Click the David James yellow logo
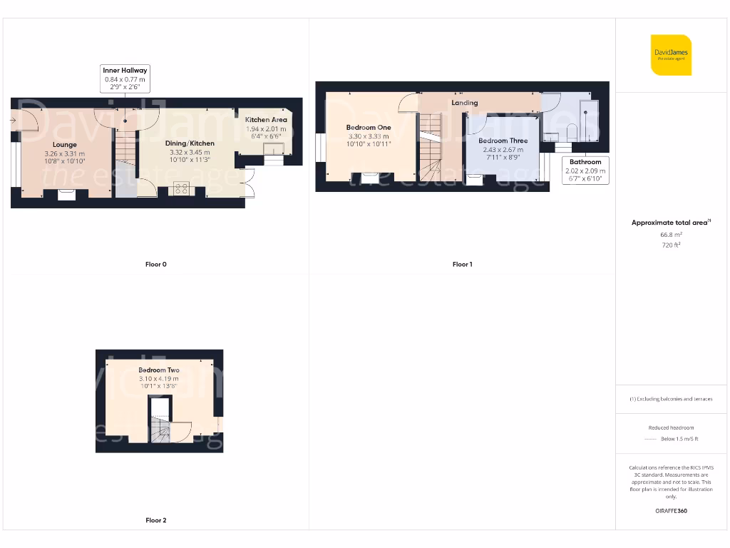click(x=671, y=55)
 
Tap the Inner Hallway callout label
click(x=125, y=70)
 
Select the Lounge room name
click(x=64, y=145)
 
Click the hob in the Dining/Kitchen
click(x=181, y=189)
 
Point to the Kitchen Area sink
click(x=273, y=148)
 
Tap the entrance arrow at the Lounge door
click(x=14, y=121)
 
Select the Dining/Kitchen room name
click(x=190, y=143)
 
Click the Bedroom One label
click(x=369, y=127)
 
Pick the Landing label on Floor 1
click(x=465, y=103)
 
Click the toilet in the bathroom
click(x=572, y=133)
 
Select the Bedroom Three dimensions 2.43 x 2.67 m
click(x=503, y=150)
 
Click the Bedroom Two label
click(x=159, y=370)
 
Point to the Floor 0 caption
click(x=155, y=264)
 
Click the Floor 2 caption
click(x=155, y=520)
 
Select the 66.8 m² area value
click(x=671, y=234)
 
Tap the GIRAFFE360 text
click(x=671, y=511)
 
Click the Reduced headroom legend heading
click(x=671, y=427)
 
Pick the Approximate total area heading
click(x=670, y=223)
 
